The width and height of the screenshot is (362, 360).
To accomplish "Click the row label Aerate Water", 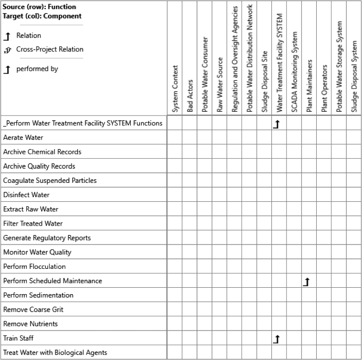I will [23, 138].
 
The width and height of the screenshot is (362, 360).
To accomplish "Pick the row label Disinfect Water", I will [26, 195].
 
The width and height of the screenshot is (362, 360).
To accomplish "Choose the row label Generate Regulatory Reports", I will [47, 238].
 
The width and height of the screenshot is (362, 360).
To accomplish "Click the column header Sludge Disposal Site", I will [265, 81].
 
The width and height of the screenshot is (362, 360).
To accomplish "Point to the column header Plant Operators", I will [324, 89].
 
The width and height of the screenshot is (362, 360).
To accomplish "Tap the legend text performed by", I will [37, 69].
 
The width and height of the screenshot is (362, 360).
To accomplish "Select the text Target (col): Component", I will [42, 16].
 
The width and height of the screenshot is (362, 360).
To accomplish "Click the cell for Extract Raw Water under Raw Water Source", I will [220, 209].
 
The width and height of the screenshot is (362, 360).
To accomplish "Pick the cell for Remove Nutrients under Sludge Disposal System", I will [354, 324].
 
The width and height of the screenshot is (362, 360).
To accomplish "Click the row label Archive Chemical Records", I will [42, 152].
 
